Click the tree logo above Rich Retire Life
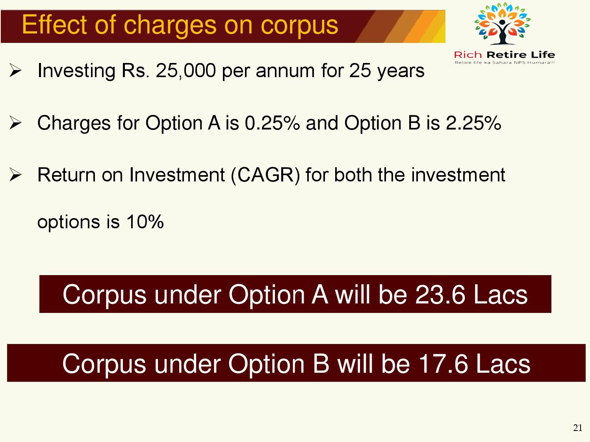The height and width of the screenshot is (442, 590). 503,23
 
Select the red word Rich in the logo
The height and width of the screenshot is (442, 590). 468,55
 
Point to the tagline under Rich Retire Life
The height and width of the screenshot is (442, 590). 505,63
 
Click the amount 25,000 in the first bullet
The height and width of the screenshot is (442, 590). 186,71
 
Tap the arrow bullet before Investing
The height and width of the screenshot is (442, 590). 15,70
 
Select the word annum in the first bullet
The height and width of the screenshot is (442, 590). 285,71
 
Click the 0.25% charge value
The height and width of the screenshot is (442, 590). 272,123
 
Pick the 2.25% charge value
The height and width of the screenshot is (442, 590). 473,123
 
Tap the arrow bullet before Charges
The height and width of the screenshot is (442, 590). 15,123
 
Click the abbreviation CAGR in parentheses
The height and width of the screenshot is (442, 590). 265,175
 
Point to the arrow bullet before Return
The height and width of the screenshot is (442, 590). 15,175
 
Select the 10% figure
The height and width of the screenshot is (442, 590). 145,222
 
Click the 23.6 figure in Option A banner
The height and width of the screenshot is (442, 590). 440,294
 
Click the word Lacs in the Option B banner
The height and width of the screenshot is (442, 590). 503,364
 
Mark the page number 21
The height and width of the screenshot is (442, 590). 578,428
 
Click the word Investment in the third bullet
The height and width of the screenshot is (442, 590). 177,175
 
